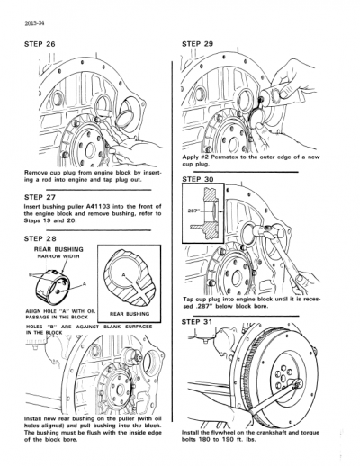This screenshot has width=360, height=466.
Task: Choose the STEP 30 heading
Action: click(200, 180)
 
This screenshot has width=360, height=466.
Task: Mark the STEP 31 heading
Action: click(200, 320)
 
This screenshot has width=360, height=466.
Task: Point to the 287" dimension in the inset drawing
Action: click(192, 210)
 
